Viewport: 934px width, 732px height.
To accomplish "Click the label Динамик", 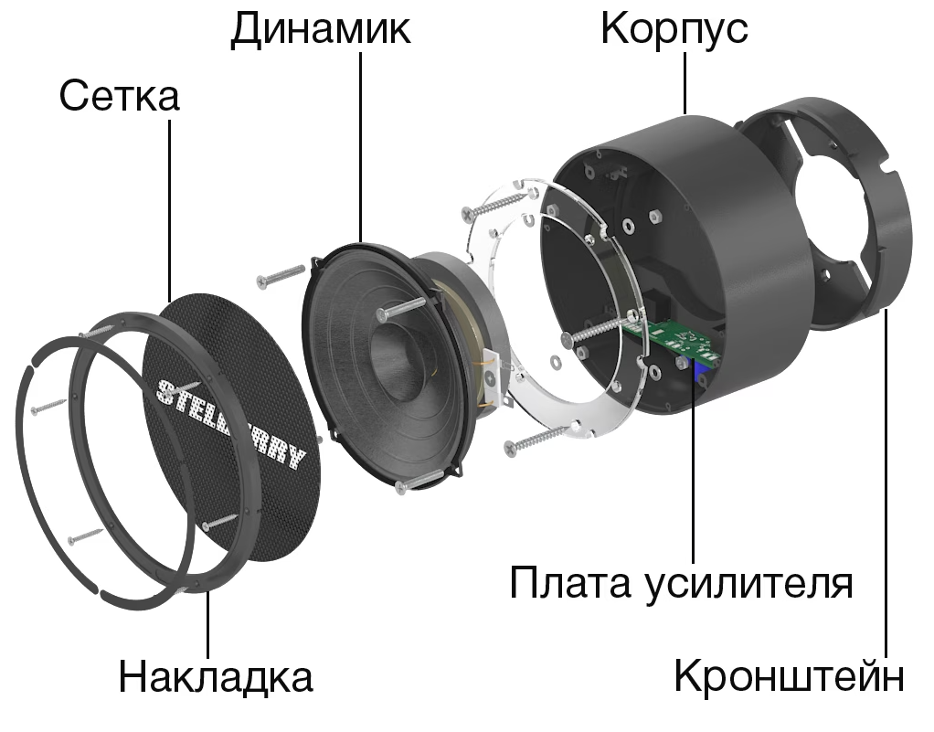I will pos(320,29).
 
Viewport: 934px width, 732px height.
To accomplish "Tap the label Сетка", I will pos(119,96).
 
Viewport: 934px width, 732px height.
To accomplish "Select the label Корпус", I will pos(674,29).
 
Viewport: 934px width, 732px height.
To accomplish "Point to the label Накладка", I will pos(216,677).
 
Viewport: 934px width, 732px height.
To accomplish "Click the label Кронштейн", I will pos(790,677).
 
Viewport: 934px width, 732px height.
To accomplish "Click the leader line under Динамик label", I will pos(361,146).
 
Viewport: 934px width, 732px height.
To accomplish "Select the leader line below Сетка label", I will pos(170,210).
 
